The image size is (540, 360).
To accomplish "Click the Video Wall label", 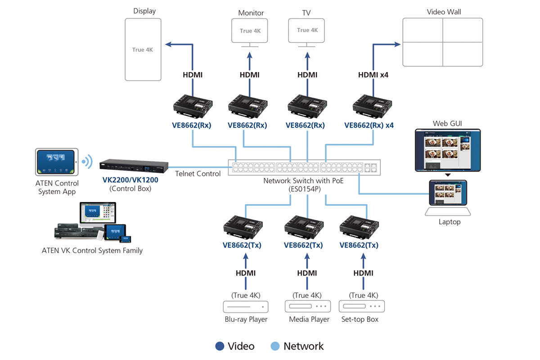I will (x=444, y=12).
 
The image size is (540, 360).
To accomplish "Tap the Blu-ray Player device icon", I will (x=246, y=307).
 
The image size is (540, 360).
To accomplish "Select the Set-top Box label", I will (x=360, y=319).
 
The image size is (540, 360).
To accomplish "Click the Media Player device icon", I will (x=308, y=307).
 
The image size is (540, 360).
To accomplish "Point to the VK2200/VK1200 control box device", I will (x=134, y=166).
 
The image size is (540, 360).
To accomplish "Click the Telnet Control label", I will (x=198, y=174).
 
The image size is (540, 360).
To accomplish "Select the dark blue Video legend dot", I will (x=220, y=346).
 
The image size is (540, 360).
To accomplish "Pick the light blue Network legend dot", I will (x=275, y=346).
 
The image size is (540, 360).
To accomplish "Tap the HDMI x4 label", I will (x=373, y=75).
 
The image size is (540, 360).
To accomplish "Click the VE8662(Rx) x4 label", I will (x=369, y=126).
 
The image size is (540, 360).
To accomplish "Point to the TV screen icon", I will (x=306, y=31).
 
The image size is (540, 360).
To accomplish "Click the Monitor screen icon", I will (x=250, y=31).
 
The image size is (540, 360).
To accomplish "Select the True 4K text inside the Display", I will (x=143, y=50).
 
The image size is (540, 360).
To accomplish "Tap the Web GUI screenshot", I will (x=447, y=150).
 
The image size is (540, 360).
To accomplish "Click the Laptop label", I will (x=449, y=222).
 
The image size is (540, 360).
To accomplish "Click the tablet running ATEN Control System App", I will (x=57, y=162).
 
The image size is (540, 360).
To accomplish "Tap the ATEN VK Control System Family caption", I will (x=92, y=251).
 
